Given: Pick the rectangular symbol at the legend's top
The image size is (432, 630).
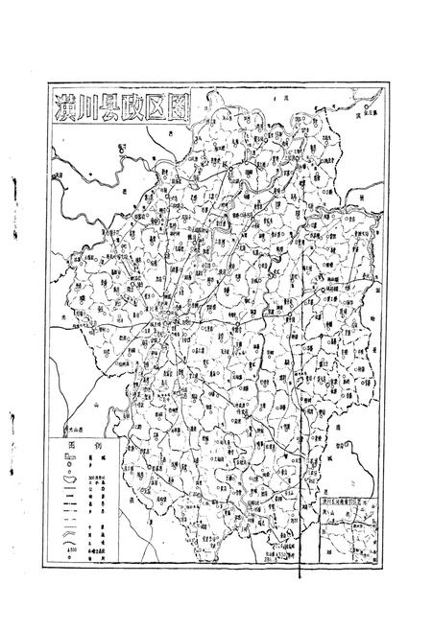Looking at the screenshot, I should click(68, 457).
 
